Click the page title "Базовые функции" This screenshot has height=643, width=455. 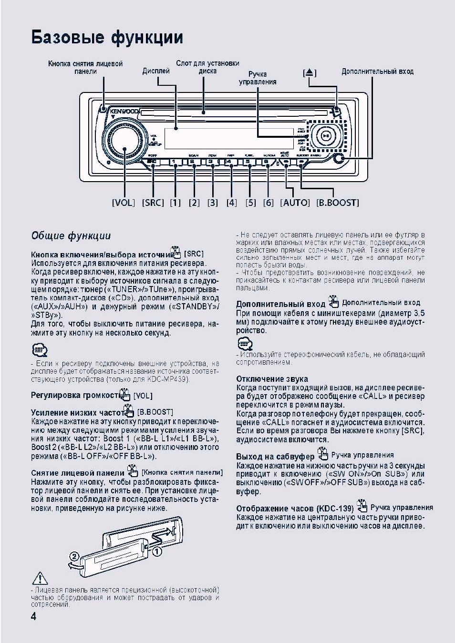point(107,38)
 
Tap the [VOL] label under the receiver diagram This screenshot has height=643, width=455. point(124,203)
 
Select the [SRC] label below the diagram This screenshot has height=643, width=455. point(153,203)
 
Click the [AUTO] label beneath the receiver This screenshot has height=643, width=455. point(295,203)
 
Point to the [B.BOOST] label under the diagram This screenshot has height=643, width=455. point(337,203)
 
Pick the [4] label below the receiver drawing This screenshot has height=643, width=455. point(231,203)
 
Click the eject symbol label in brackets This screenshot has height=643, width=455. point(310,73)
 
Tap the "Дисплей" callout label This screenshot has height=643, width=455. point(156,71)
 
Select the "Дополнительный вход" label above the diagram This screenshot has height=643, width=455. point(377,71)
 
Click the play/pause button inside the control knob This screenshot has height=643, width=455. point(326,135)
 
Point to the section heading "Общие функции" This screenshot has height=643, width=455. point(71,235)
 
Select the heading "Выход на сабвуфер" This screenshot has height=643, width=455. point(275,457)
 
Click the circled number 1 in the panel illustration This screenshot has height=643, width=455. point(156,551)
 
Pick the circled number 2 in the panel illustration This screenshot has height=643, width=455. point(75,557)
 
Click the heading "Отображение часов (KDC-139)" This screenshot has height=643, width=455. point(295,509)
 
